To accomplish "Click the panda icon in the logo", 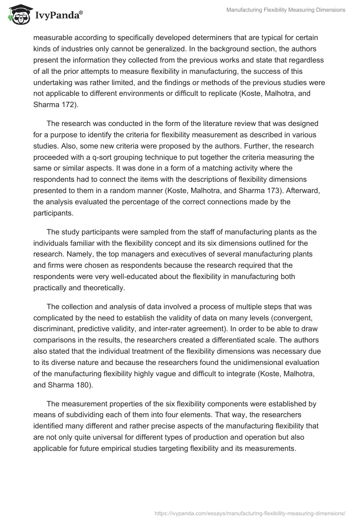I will [x=19, y=15].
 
